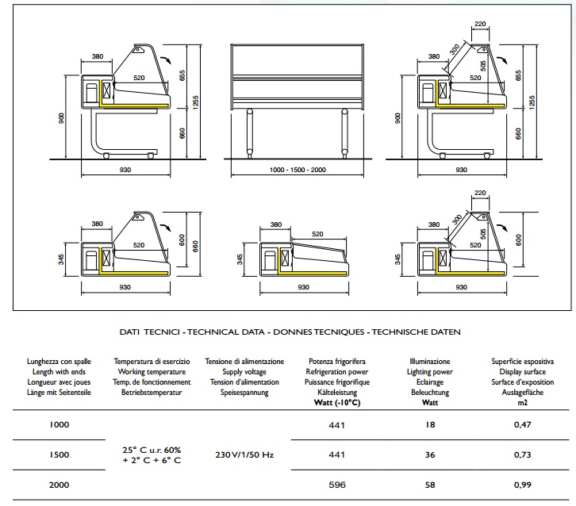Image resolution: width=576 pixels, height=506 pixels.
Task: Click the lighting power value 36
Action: coord(429,455)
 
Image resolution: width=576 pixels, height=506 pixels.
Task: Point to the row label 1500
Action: coord(61,455)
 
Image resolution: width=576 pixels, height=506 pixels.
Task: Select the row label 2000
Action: coord(61,485)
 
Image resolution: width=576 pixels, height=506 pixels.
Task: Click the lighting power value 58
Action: coord(429,485)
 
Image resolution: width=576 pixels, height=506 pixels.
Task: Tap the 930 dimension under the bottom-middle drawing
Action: coord(303,287)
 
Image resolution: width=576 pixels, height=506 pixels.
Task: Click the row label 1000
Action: coord(61,424)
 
